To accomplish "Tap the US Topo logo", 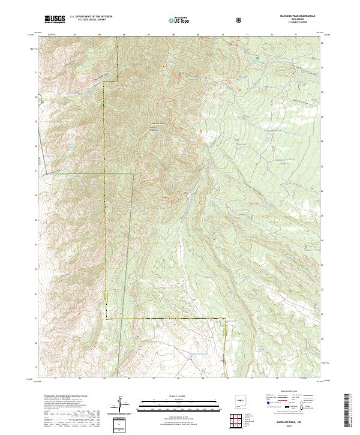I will coord(177,20).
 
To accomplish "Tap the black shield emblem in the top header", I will coord(239,20).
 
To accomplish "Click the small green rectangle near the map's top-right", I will coord(259,59).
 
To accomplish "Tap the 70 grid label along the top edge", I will coord(223,35).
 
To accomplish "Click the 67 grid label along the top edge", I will coord(148,35).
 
